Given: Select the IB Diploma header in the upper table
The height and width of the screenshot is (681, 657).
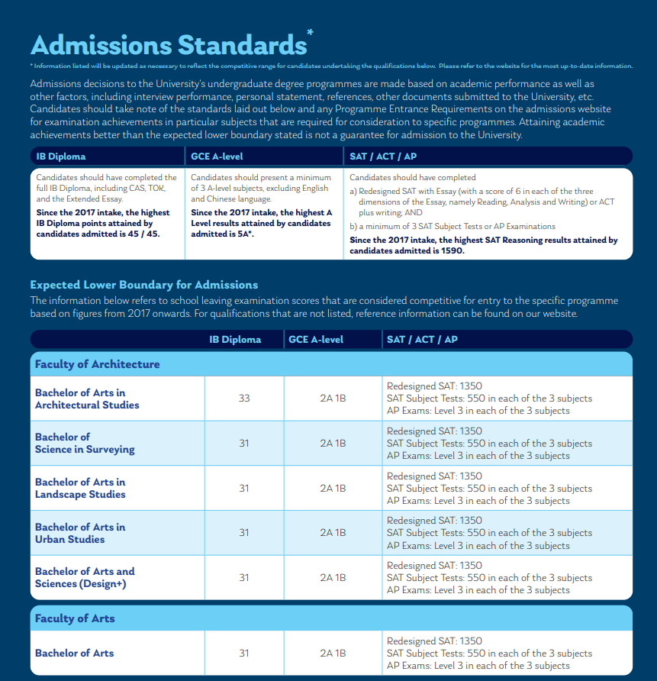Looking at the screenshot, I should [x=61, y=157].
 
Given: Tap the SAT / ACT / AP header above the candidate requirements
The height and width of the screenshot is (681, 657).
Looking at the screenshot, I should [x=382, y=157].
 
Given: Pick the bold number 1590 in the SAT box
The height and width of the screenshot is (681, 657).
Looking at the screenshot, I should [x=447, y=250].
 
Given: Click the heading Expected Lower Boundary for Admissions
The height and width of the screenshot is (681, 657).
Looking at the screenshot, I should [x=144, y=285].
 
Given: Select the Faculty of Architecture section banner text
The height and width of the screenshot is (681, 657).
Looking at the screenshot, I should [x=97, y=364].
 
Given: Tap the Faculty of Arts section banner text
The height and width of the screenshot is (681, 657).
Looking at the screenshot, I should [x=75, y=618].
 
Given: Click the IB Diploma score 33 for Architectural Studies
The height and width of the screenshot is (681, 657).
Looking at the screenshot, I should [x=244, y=399].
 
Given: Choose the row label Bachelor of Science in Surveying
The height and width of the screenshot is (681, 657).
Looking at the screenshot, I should [x=85, y=443].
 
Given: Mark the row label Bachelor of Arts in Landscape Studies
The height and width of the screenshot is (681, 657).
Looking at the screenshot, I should [x=80, y=488].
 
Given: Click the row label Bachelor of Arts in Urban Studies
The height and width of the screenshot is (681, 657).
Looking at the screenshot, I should [x=80, y=533].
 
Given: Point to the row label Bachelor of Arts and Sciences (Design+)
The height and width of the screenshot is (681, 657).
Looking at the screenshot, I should [x=85, y=577].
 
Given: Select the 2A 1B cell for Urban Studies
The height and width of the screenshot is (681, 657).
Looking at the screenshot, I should [x=333, y=533].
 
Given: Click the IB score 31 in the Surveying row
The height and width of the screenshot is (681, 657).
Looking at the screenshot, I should [x=244, y=443].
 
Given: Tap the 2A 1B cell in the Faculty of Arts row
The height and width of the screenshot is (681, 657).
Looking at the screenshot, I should [x=333, y=654].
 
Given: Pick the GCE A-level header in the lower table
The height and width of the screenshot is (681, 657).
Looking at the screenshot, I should [x=316, y=340].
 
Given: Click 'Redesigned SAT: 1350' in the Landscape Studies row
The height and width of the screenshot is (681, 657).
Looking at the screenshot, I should [x=434, y=476].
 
